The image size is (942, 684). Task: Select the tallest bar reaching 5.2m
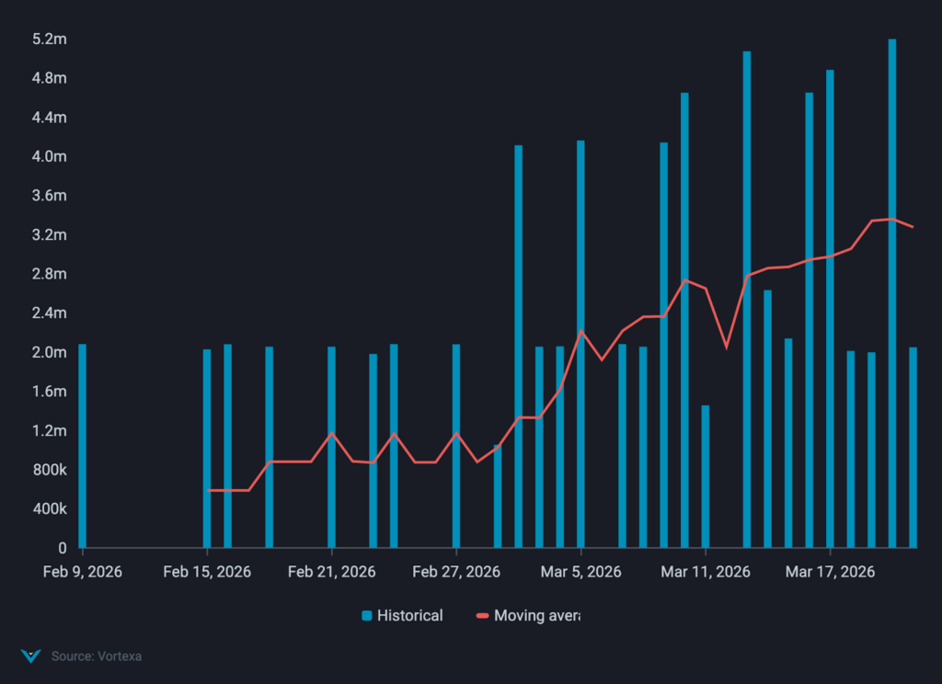[x=892, y=294]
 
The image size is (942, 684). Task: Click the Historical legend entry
[x=402, y=615]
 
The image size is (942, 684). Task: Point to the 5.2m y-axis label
[x=49, y=40]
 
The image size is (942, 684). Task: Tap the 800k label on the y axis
[x=49, y=470]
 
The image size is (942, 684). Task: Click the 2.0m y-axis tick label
[x=49, y=352]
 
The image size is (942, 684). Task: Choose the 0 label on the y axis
[x=63, y=548]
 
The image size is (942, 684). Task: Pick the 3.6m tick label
[x=49, y=196]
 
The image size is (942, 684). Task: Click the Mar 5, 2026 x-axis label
[x=580, y=572]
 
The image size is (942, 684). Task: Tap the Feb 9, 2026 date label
[x=83, y=572]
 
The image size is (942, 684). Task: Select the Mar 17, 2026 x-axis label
[x=830, y=572]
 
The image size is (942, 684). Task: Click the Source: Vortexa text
[x=97, y=656]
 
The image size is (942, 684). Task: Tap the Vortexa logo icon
[x=31, y=656]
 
